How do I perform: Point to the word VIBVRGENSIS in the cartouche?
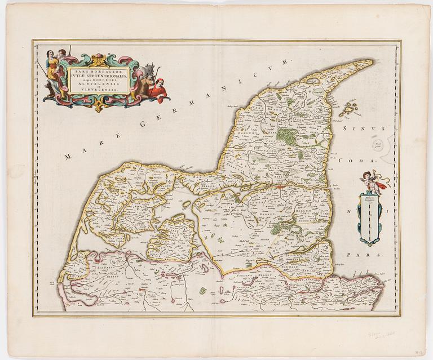tap(98, 90)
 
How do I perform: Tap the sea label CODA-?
tap(354, 160)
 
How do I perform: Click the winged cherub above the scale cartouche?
tap(373, 181)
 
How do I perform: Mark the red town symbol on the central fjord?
tap(280, 183)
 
